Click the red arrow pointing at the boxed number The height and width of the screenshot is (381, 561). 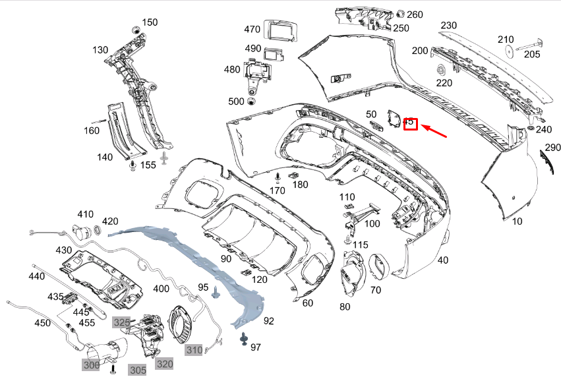click(435, 131)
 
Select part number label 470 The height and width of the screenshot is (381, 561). click(252, 30)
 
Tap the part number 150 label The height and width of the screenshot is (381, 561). click(150, 22)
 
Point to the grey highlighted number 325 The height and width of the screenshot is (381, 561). click(121, 322)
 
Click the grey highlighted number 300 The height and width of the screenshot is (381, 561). click(91, 365)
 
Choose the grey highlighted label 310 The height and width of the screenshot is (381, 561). click(194, 349)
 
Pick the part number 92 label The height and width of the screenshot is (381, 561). click(268, 322)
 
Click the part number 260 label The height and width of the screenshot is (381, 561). click(415, 15)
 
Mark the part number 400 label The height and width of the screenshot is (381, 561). click(161, 289)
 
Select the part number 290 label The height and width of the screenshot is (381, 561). click(552, 147)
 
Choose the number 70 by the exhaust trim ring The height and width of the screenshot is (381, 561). click(376, 290)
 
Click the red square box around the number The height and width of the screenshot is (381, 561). click(409, 123)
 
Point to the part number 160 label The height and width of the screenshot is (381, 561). click(92, 131)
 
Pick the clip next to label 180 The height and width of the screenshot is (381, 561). click(293, 175)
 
